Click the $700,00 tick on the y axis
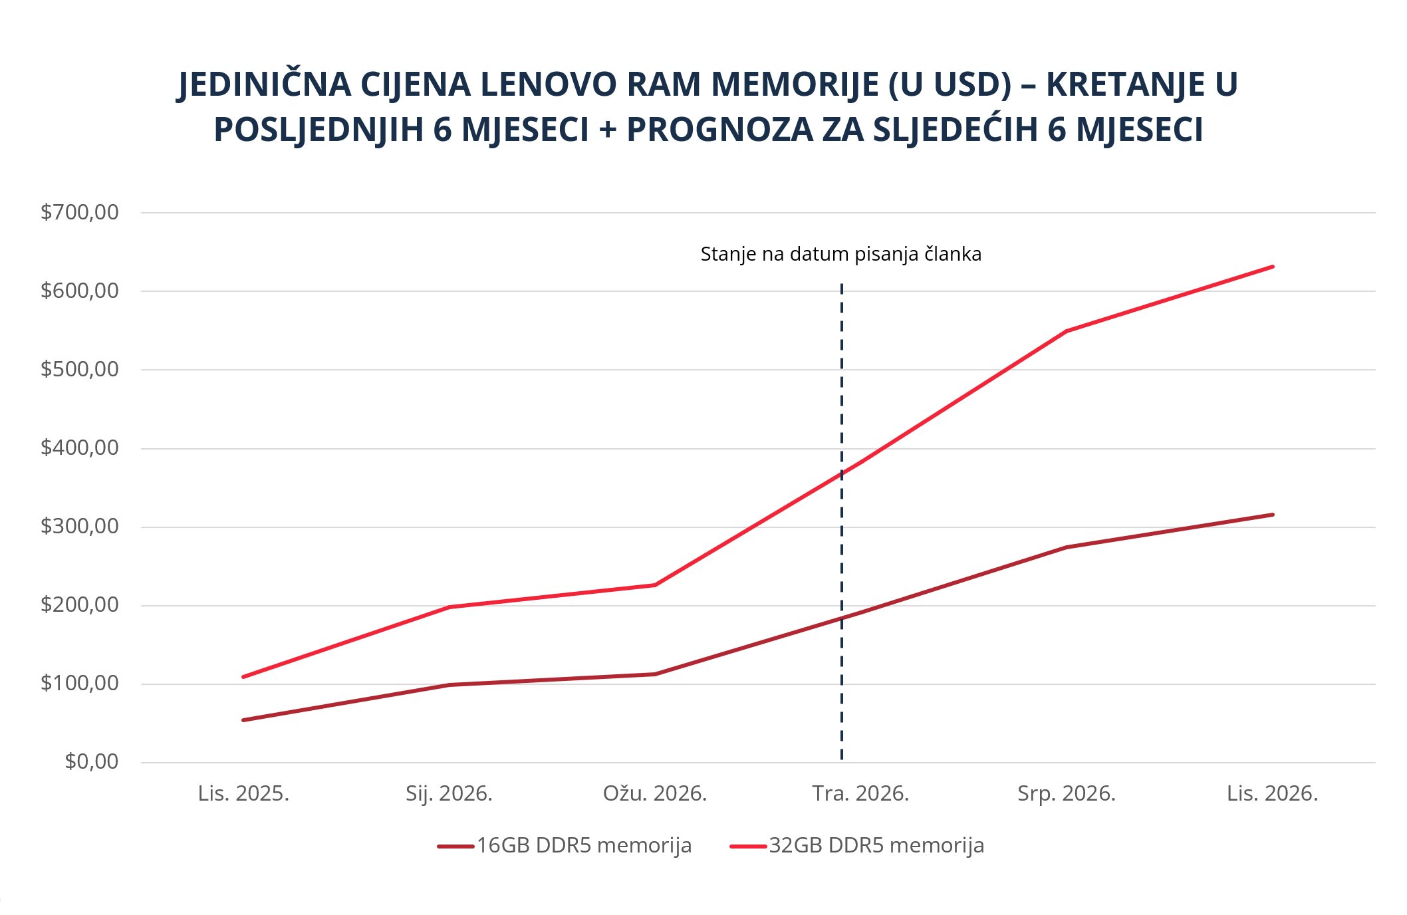pyautogui.click(x=79, y=213)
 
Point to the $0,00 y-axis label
pyautogui.click(x=91, y=762)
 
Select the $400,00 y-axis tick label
pyautogui.click(x=79, y=448)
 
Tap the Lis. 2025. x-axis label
pyautogui.click(x=243, y=794)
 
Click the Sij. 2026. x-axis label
pyautogui.click(x=449, y=794)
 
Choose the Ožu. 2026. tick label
pyautogui.click(x=654, y=794)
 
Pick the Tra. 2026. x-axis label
pyautogui.click(x=860, y=794)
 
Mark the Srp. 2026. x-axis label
pyautogui.click(x=1066, y=794)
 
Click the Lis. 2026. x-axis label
pyautogui.click(x=1272, y=794)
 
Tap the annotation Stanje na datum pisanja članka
pyautogui.click(x=840, y=255)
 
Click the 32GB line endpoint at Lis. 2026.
pyautogui.click(x=1272, y=267)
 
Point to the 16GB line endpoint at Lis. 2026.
pyautogui.click(x=1272, y=515)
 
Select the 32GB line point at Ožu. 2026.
pyautogui.click(x=655, y=585)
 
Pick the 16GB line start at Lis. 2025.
pyautogui.click(x=243, y=720)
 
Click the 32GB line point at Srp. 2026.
pyautogui.click(x=1066, y=331)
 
